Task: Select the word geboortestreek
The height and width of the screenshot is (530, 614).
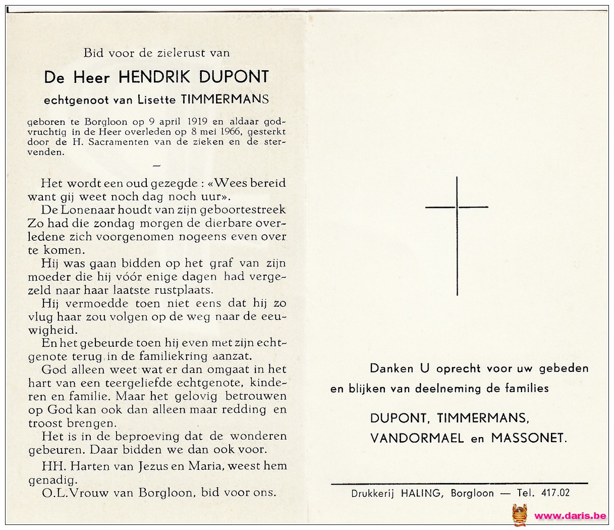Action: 249,209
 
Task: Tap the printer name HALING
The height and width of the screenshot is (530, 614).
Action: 420,493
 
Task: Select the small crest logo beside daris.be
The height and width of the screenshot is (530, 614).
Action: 519,515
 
